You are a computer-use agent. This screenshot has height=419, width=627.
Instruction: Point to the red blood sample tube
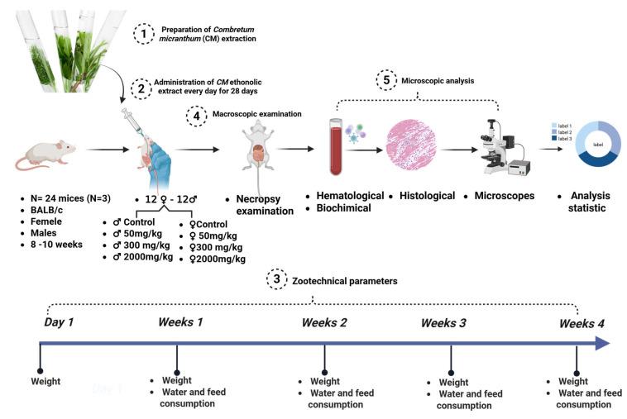(x=335, y=149)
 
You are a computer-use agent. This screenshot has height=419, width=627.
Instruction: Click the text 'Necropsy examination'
(x=261, y=204)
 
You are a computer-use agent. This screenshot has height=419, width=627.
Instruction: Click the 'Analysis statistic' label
(x=588, y=202)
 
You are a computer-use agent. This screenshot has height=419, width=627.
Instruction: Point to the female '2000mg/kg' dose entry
(x=217, y=259)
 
